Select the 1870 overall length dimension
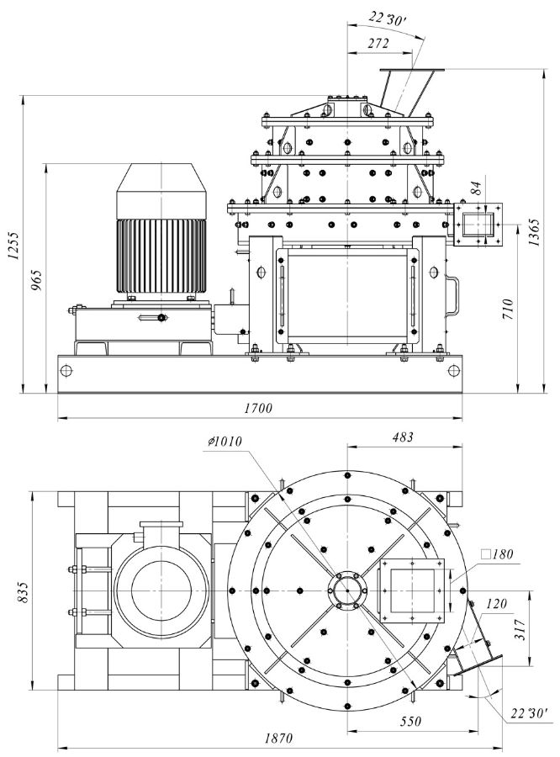277,738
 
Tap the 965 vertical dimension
36,278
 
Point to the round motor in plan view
161,589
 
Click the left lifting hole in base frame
67,370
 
